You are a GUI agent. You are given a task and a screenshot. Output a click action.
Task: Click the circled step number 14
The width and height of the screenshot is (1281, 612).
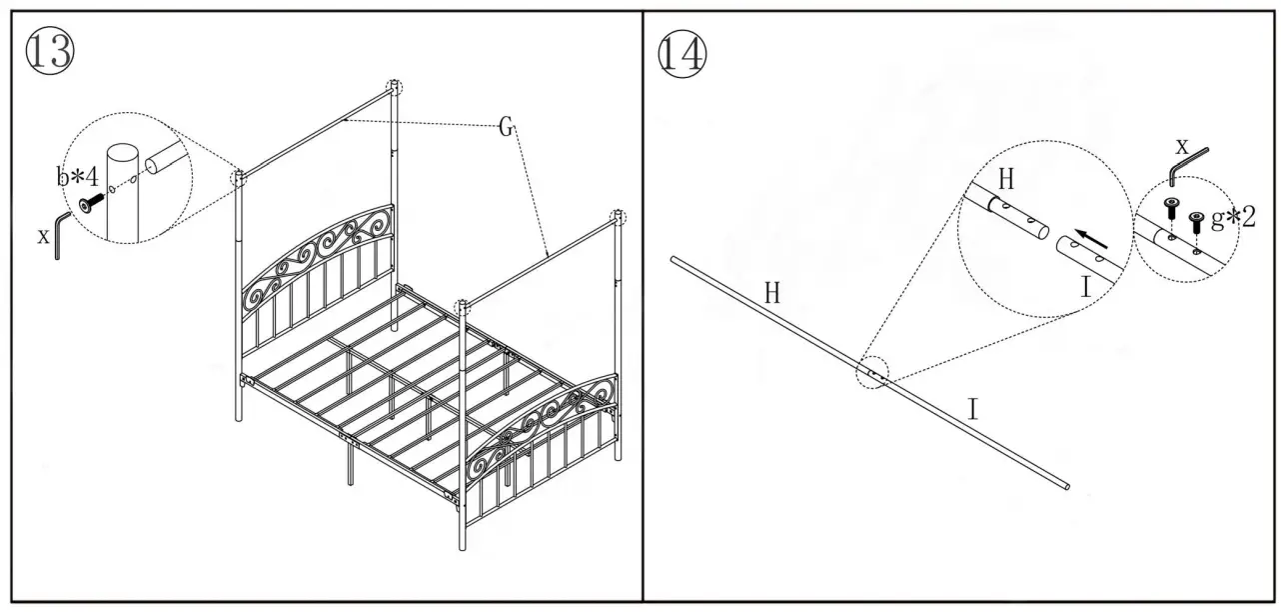[680, 52]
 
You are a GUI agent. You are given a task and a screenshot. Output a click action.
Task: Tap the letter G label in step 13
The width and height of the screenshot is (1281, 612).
[506, 127]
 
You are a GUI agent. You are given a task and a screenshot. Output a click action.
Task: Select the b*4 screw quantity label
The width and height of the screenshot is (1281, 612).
[77, 178]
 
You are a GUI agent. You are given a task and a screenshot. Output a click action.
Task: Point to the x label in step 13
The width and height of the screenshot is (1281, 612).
[43, 236]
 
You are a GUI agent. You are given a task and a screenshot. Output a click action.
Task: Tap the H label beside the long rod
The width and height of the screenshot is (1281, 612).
[771, 293]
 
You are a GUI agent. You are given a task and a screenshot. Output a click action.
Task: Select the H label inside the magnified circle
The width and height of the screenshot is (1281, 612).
[1006, 179]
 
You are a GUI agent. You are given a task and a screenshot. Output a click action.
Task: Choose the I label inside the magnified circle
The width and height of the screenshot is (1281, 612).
[1085, 288]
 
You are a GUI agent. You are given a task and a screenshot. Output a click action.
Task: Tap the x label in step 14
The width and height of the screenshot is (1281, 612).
[1183, 146]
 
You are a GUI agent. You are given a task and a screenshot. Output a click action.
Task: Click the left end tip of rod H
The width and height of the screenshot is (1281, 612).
[673, 260]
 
